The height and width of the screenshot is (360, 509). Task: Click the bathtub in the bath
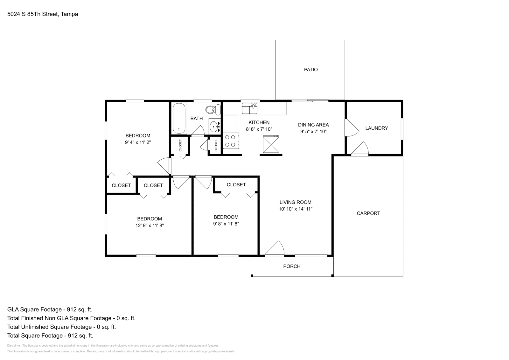pos(179,119)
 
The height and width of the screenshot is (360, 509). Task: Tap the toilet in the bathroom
pos(213,110)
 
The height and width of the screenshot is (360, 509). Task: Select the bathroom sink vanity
pos(215,127)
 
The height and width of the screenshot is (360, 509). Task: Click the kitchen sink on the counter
pos(250,108)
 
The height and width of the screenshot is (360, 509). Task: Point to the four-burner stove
pos(231,141)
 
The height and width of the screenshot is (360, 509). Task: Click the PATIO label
pos(310,70)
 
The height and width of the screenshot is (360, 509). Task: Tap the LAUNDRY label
pos(376,128)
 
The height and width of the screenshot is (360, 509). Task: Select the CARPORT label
pos(368,213)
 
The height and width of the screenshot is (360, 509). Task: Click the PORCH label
pos(291,267)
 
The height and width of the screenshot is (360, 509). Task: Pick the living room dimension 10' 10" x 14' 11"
pos(296,209)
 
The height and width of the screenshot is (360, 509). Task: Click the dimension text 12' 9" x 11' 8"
pos(150,225)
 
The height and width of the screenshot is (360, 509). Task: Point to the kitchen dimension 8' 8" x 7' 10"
pos(259,129)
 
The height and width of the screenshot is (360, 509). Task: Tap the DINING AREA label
pos(313,125)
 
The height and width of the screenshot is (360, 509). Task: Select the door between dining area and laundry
pos(351,128)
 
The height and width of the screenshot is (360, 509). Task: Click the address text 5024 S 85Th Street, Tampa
pos(43,14)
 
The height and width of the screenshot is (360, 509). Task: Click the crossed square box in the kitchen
pos(271,144)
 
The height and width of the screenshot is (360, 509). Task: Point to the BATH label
pos(196,119)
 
